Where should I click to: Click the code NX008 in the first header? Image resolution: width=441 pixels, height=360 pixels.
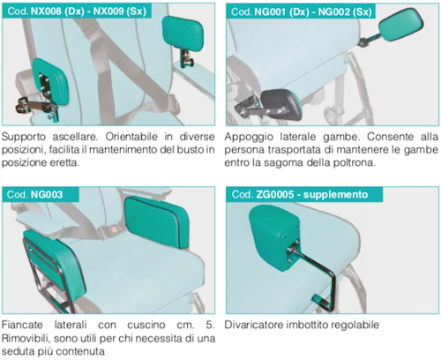coord(46,11)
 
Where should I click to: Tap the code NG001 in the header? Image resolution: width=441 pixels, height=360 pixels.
coord(270,11)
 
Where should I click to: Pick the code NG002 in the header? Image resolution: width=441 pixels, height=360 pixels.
coord(333,11)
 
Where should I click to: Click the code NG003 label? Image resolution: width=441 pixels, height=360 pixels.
coord(47,194)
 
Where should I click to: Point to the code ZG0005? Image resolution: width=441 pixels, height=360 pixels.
coord(275,194)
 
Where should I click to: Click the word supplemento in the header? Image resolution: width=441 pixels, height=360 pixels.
coord(335,195)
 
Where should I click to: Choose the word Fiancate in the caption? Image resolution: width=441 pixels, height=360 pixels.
coord(22,325)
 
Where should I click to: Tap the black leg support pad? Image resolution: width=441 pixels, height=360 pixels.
coord(281,104)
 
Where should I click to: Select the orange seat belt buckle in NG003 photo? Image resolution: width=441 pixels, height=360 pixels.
coord(113,228)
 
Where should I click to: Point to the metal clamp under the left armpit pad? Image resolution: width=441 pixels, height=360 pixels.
coord(37,107)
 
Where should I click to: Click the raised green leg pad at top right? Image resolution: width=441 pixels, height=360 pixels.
coord(400,25)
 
